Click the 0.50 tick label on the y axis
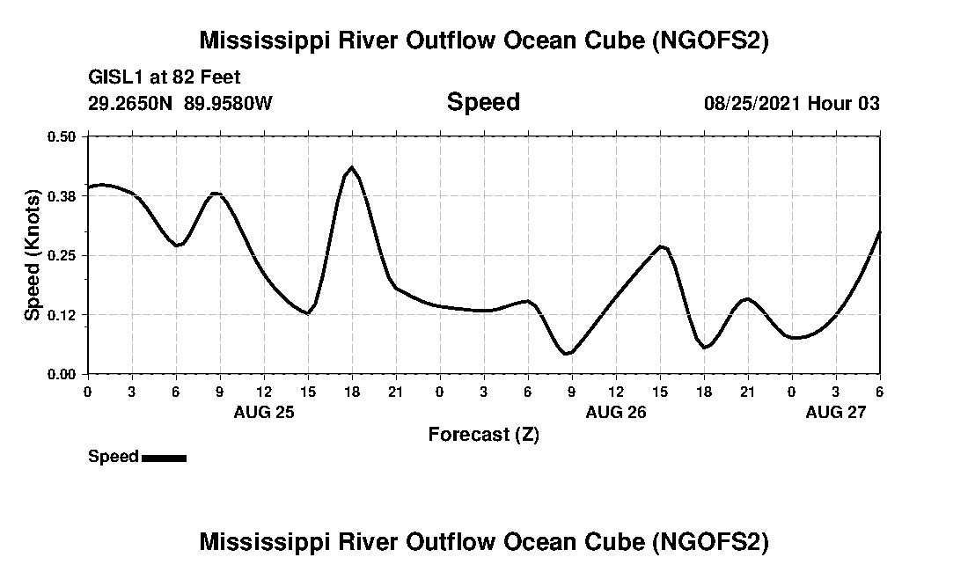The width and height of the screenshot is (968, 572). pyautogui.click(x=62, y=136)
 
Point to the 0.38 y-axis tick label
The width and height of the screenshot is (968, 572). pyautogui.click(x=62, y=195)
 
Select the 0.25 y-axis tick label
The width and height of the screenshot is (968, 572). pyautogui.click(x=62, y=255)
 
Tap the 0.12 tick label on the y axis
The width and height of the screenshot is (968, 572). pyautogui.click(x=62, y=314)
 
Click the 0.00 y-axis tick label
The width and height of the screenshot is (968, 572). pyautogui.click(x=62, y=374)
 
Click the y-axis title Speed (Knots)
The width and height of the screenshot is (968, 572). pyautogui.click(x=33, y=254)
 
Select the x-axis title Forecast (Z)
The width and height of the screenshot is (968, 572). pyautogui.click(x=483, y=434)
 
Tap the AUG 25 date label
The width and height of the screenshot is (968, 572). pyautogui.click(x=264, y=412)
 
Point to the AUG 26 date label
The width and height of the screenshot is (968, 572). pyautogui.click(x=615, y=412)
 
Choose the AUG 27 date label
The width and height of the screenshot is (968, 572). pyautogui.click(x=836, y=412)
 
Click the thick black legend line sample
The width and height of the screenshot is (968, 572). pyautogui.click(x=164, y=458)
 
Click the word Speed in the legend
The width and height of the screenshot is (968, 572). pyautogui.click(x=114, y=457)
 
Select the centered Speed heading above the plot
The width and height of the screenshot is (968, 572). pyautogui.click(x=483, y=102)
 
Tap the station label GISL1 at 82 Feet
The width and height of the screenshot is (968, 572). pyautogui.click(x=165, y=77)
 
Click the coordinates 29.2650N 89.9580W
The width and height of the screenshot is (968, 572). pyautogui.click(x=180, y=103)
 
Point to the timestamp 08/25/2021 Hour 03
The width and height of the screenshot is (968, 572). pyautogui.click(x=791, y=103)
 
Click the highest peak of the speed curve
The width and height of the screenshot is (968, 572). pyautogui.click(x=351, y=167)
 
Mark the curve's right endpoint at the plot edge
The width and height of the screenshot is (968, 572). pyautogui.click(x=879, y=232)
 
